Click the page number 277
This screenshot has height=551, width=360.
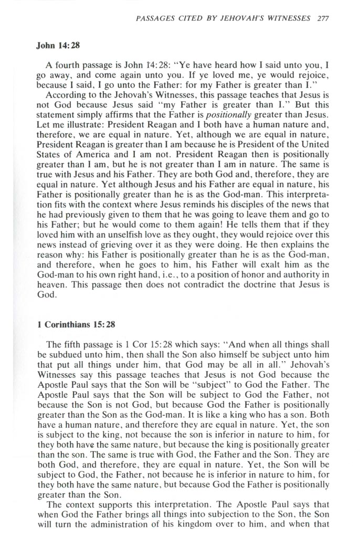point(323,17)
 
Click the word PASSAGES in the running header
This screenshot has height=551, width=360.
point(155,17)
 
